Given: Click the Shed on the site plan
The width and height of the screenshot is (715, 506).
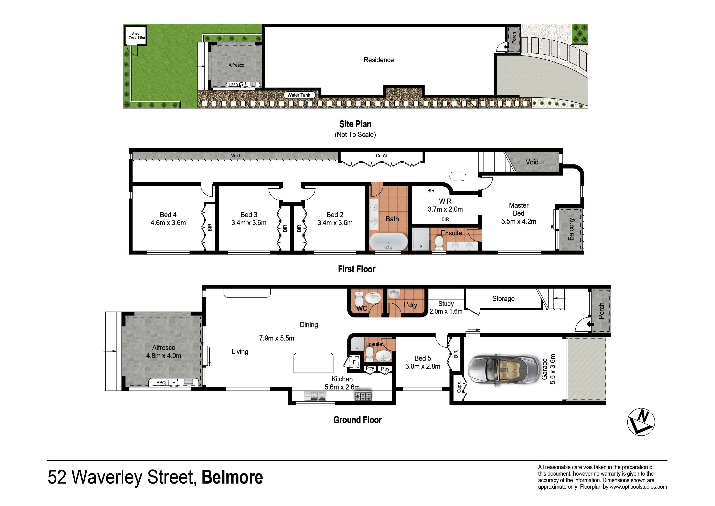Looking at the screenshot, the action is coord(136,36).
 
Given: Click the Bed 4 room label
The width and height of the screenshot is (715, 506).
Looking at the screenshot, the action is coord(168,215).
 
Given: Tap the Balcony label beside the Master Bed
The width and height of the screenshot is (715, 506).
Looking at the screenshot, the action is coord(571,229).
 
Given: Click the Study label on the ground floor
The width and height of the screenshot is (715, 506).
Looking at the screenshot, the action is coord(446,304).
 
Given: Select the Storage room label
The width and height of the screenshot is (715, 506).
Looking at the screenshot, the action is coord(503,299).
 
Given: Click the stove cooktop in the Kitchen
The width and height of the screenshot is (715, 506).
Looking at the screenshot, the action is coord(363,396).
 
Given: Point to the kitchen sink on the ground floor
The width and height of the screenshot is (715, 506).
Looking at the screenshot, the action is coord(315,396).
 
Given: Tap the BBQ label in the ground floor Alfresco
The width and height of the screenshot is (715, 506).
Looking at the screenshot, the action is coord(161,383).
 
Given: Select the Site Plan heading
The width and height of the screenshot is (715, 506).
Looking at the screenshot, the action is coord(355,124).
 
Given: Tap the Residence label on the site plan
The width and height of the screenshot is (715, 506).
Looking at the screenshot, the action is coord(379,60).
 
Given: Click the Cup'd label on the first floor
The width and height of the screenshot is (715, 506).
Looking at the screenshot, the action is coord(382,155).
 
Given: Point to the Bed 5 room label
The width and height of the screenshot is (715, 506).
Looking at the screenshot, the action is coord(423,358).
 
